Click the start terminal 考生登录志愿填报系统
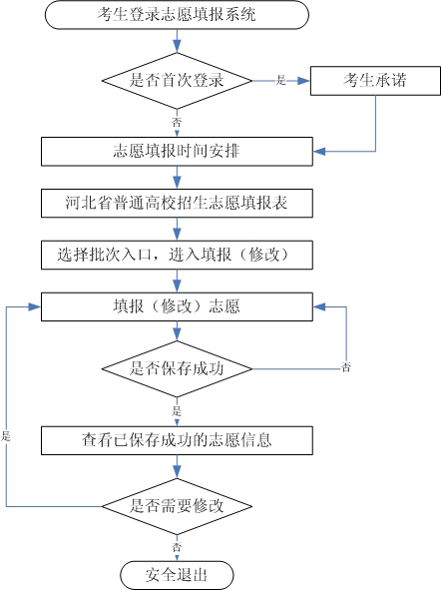(177, 15)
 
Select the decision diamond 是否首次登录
(177, 80)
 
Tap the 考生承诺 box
(374, 80)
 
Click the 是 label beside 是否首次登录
(280, 80)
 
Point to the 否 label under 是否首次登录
(177, 121)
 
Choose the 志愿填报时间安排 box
(177, 152)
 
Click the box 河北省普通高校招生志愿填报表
(177, 204)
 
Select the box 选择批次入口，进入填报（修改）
(177, 255)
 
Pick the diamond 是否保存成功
(177, 368)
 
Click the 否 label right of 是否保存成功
(346, 368)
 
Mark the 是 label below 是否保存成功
(177, 410)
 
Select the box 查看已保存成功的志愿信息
(177, 439)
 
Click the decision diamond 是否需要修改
(177, 506)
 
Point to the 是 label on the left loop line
(6, 437)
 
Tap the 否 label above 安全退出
(177, 548)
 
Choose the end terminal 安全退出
(177, 575)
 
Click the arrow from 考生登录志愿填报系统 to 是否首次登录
(177, 41)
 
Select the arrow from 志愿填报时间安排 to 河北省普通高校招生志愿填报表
(177, 178)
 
